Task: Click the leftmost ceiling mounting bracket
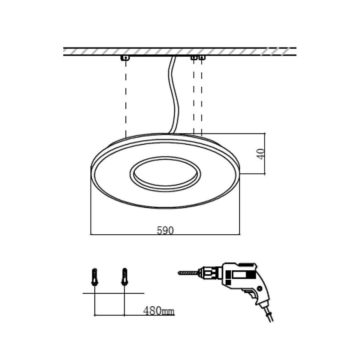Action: click(126, 58)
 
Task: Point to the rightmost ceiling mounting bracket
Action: click(201, 58)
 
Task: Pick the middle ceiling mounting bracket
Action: click(194, 58)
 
